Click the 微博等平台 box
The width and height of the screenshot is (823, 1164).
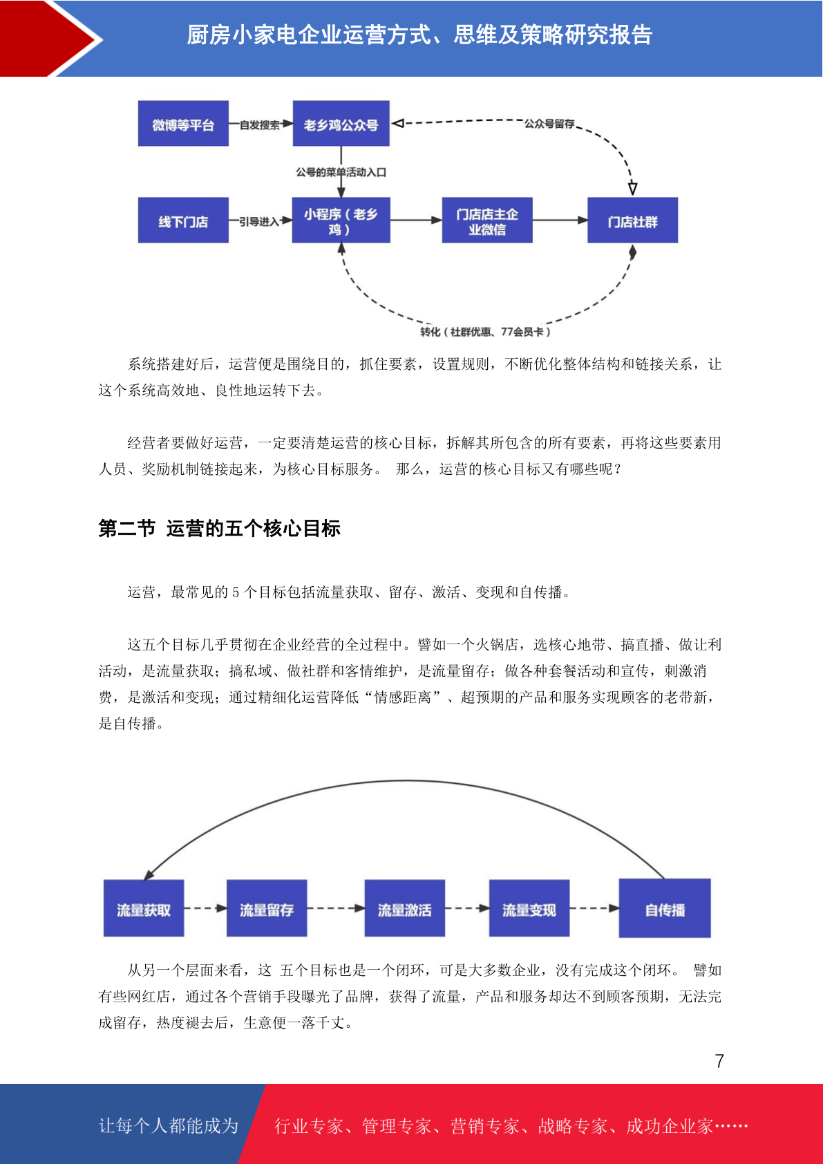coord(183,123)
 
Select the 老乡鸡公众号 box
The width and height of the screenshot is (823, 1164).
coord(341,123)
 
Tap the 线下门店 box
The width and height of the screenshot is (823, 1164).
coord(183,220)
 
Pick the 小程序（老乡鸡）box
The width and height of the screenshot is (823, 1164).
coord(341,220)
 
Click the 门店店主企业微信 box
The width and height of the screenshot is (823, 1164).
coord(487,220)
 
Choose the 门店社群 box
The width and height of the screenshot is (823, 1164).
coord(632,220)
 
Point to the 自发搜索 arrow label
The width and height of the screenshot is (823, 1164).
coord(259,124)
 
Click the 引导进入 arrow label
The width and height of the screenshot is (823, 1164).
coord(259,222)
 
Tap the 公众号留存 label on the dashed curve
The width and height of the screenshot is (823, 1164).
coord(549,124)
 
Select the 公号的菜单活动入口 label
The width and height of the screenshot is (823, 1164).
coord(341,172)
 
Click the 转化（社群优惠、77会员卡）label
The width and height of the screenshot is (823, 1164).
coord(485,332)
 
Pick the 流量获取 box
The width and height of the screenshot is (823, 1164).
coord(144,908)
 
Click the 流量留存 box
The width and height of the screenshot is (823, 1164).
coord(267,908)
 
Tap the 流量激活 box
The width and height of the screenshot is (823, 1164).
coord(404,908)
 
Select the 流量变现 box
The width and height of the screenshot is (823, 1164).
coord(529,908)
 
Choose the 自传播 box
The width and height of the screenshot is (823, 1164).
coord(665,908)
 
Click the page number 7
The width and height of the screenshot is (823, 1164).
coord(719,1060)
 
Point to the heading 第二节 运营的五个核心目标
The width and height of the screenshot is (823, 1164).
coord(219,529)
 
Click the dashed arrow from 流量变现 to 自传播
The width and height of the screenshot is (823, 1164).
coord(594,908)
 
